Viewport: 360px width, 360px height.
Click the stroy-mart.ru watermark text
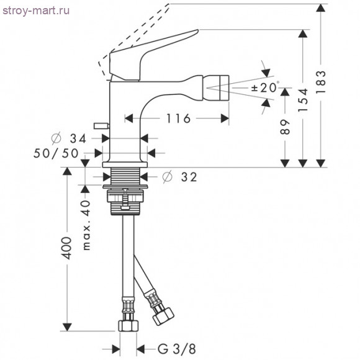36,11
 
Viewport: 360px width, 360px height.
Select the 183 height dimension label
321,81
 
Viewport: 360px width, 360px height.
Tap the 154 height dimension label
303,100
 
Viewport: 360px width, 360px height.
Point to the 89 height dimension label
285,127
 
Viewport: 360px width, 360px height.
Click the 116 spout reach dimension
178,119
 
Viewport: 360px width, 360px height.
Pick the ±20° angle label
265,88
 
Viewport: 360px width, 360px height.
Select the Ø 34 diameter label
69,138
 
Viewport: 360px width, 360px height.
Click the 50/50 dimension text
56,153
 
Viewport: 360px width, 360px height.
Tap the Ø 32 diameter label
179,177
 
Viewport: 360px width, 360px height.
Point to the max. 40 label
86,225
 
